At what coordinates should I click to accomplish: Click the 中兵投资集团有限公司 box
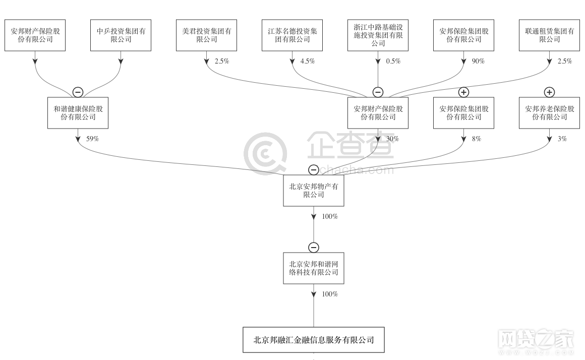coord(121,35)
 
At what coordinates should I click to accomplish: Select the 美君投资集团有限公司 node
coord(206,35)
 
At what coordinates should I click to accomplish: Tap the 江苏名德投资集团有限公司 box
coord(292,35)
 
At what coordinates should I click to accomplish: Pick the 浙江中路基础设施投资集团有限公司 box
coord(378,35)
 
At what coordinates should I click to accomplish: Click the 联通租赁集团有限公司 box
coord(549,35)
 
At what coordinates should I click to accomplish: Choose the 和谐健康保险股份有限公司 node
coord(78,113)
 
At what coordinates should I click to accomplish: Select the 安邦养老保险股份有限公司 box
coord(549,113)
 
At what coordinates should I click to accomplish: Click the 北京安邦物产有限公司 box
coord(314,191)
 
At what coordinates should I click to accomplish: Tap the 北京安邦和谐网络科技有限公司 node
coord(314,268)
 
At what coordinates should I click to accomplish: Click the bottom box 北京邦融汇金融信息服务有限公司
coord(314,340)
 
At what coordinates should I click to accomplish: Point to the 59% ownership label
coord(92,139)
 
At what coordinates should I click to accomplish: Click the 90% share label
coord(478,61)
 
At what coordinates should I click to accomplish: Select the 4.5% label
coord(307,61)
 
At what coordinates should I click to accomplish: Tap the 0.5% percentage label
coord(393,61)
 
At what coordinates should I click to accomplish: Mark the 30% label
coord(392,139)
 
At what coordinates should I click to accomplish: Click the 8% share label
coord(476,139)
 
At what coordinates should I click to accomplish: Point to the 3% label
coord(562,139)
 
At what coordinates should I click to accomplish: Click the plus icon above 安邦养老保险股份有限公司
coord(549,92)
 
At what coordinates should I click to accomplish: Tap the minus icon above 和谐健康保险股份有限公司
coord(78,92)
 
